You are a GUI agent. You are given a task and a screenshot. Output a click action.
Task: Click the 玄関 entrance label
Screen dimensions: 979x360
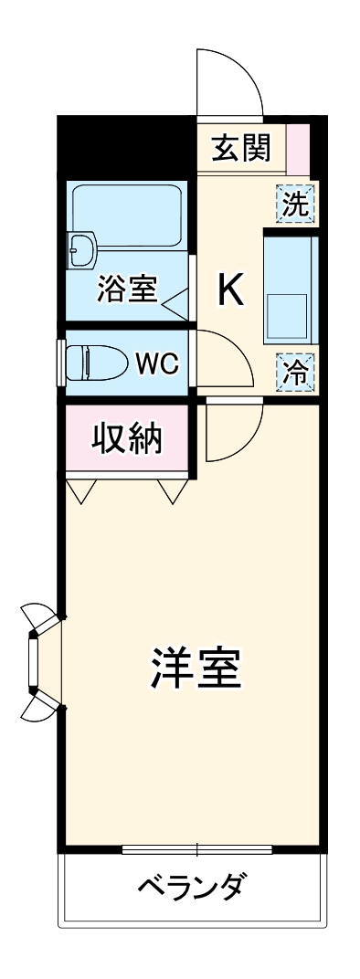pos(241,148)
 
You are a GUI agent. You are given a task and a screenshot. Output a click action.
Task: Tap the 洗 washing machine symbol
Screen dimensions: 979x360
pos(295,204)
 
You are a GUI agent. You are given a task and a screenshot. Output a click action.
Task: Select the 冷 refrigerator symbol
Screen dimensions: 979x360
pos(295,371)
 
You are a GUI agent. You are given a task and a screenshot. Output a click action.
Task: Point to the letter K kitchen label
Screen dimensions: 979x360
pos(229,291)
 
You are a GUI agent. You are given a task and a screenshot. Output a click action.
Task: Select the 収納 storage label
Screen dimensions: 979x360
pos(127,440)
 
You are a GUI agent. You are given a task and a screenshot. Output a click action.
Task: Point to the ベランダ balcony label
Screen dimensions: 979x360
pos(191,886)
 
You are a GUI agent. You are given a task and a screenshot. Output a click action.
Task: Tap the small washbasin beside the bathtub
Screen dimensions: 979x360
pos(83,247)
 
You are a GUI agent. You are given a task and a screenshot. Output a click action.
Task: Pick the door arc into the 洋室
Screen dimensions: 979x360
pos(234,434)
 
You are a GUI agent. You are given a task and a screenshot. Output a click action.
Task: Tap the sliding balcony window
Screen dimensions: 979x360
pos(196,848)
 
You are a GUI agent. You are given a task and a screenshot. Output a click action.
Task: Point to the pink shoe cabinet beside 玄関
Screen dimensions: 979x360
pos(300,146)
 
